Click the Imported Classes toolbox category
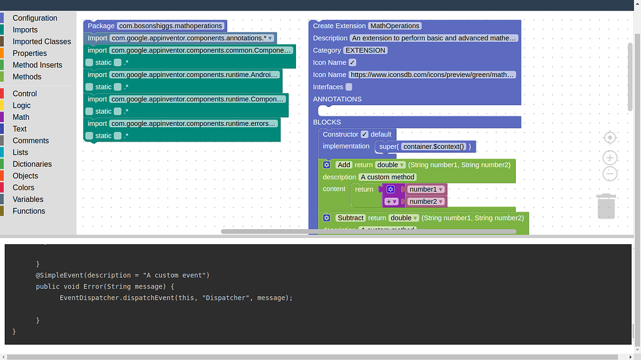pyautogui.click(x=41, y=41)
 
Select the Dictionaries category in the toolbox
pyautogui.click(x=32, y=164)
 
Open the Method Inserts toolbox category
pyautogui.click(x=37, y=65)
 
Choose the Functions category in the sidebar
pyautogui.click(x=29, y=211)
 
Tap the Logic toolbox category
pyautogui.click(x=21, y=106)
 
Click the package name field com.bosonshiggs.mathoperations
pyautogui.click(x=170, y=26)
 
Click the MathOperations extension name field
pyautogui.click(x=394, y=26)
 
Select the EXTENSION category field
pyautogui.click(x=366, y=50)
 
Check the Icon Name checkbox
pyautogui.click(x=352, y=63)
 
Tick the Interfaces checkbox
pyautogui.click(x=349, y=87)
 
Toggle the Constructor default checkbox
pyautogui.click(x=365, y=134)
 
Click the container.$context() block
pyautogui.click(x=434, y=147)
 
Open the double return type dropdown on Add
pyautogui.click(x=391, y=165)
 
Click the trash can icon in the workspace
pyautogui.click(x=606, y=206)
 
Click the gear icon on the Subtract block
pyautogui.click(x=327, y=218)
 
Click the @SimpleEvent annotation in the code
pyautogui.click(x=61, y=275)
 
